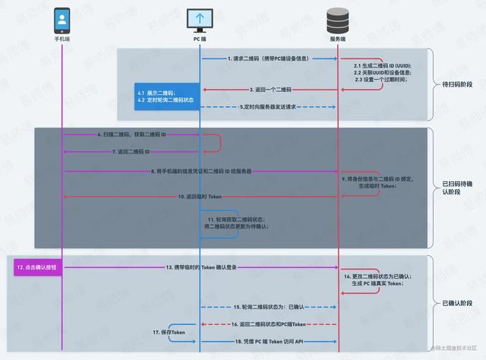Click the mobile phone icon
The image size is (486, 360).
tap(62, 19)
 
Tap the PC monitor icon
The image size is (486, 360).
tap(200, 19)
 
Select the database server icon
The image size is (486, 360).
tap(339, 19)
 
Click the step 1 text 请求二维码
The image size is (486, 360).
tap(269, 58)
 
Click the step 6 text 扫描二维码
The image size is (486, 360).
tap(132, 134)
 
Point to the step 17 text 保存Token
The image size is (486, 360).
tap(169, 333)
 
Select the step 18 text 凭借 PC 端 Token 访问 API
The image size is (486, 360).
tap(270, 343)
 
